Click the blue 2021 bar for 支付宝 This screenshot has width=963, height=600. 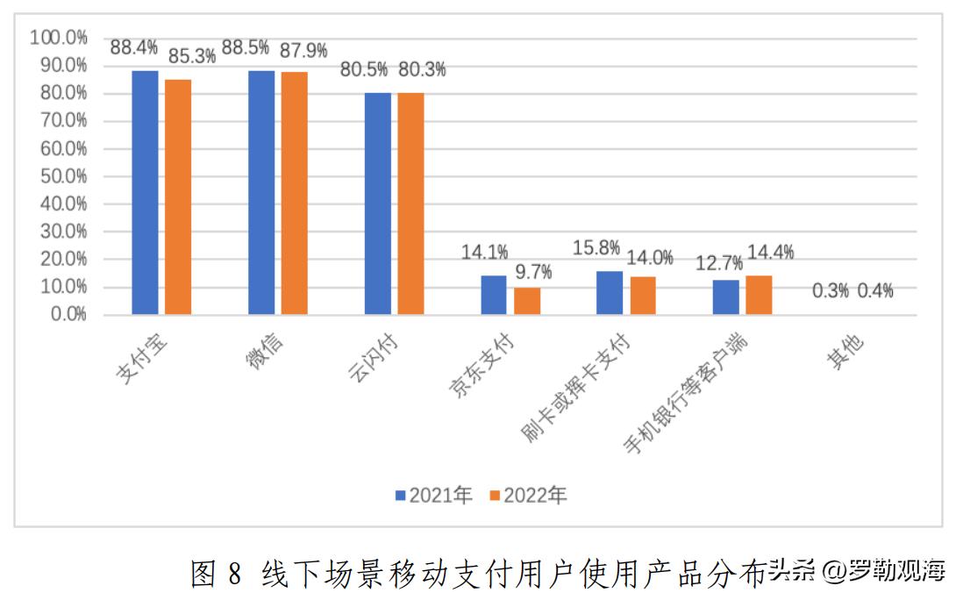(145, 192)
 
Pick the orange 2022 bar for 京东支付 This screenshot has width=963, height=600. (527, 301)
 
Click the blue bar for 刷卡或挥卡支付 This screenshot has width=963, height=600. (610, 293)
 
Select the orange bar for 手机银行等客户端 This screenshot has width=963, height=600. (759, 295)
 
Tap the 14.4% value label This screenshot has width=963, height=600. (769, 253)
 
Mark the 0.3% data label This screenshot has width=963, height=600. (830, 291)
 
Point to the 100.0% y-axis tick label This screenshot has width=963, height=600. (58, 38)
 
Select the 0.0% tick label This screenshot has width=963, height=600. (63, 315)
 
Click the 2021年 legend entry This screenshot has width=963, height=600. (435, 496)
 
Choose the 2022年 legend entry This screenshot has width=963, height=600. (529, 496)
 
